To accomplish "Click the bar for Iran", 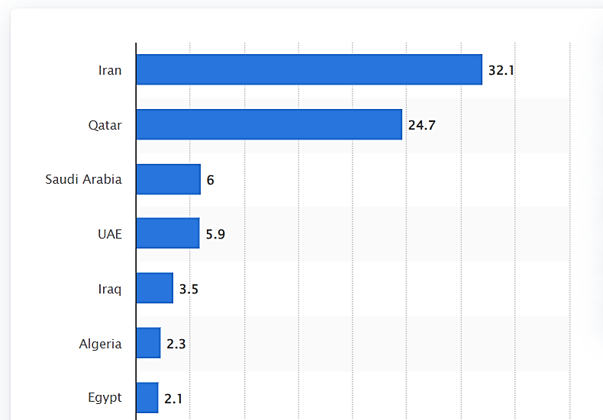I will click(x=309, y=69).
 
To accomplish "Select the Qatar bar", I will click(x=269, y=124).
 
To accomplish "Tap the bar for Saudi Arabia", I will click(x=169, y=179).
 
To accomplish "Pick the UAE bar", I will click(x=168, y=233).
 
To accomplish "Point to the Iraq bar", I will click(x=155, y=288).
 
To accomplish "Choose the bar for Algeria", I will click(x=149, y=343).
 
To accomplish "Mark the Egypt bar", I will click(x=147, y=397).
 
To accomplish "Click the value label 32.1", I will click(x=502, y=71).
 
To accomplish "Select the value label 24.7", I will click(x=421, y=125).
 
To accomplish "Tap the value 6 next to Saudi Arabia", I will click(x=210, y=180).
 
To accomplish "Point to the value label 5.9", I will click(x=215, y=234).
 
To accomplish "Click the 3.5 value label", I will click(x=189, y=289).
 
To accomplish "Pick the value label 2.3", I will click(x=176, y=344).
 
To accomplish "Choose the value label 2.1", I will click(x=173, y=398).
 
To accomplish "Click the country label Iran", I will click(x=110, y=70).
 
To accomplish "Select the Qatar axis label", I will click(x=105, y=125).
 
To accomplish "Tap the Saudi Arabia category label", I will click(x=83, y=179).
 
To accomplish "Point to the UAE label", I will click(x=109, y=234).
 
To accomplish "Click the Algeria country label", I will click(x=100, y=344).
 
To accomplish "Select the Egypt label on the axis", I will click(x=105, y=398).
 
